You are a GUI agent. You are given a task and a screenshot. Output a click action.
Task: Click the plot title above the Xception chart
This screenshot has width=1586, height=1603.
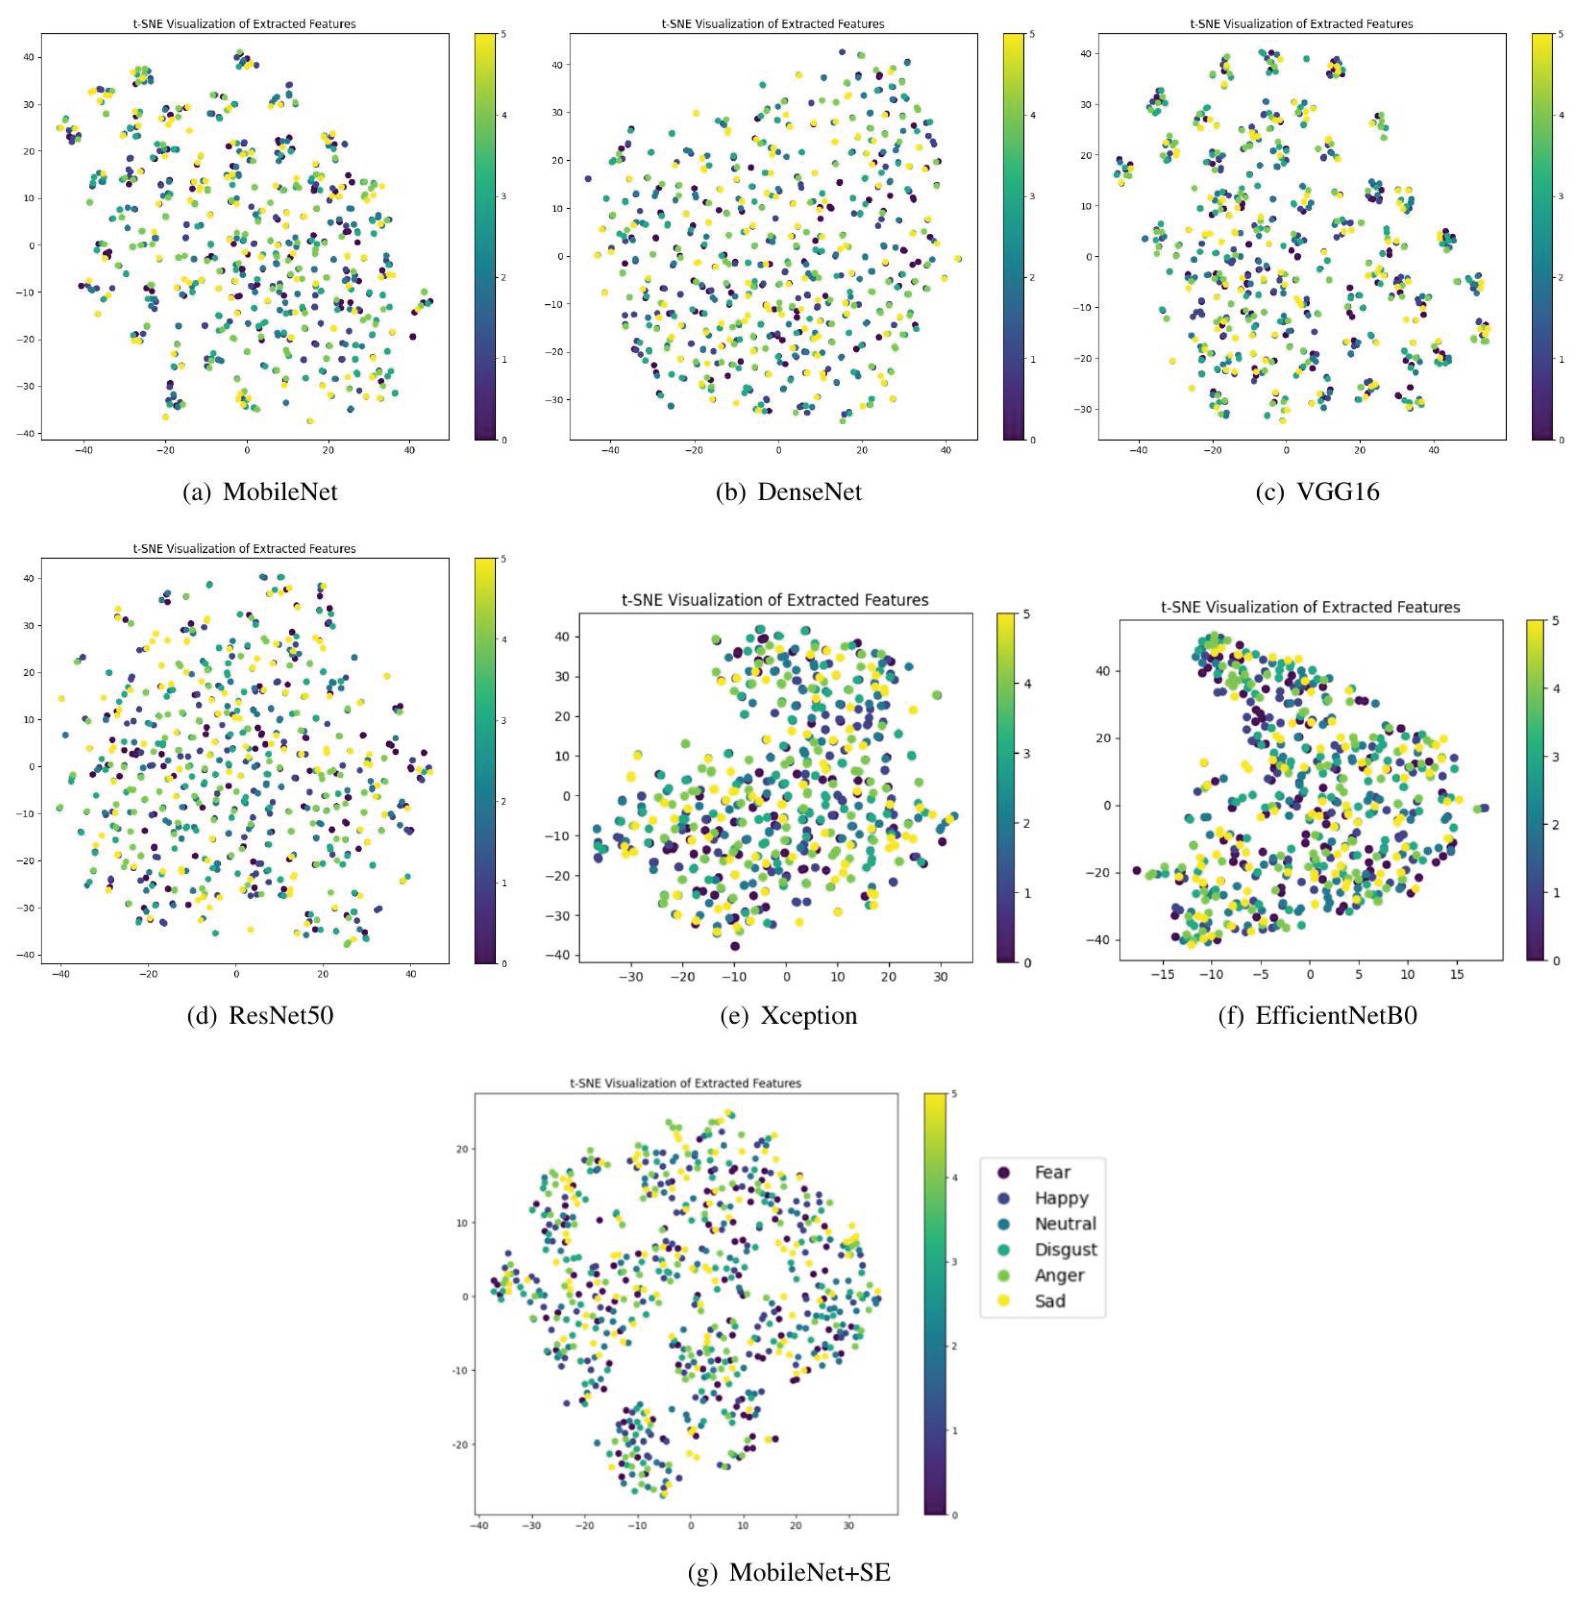tap(775, 599)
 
